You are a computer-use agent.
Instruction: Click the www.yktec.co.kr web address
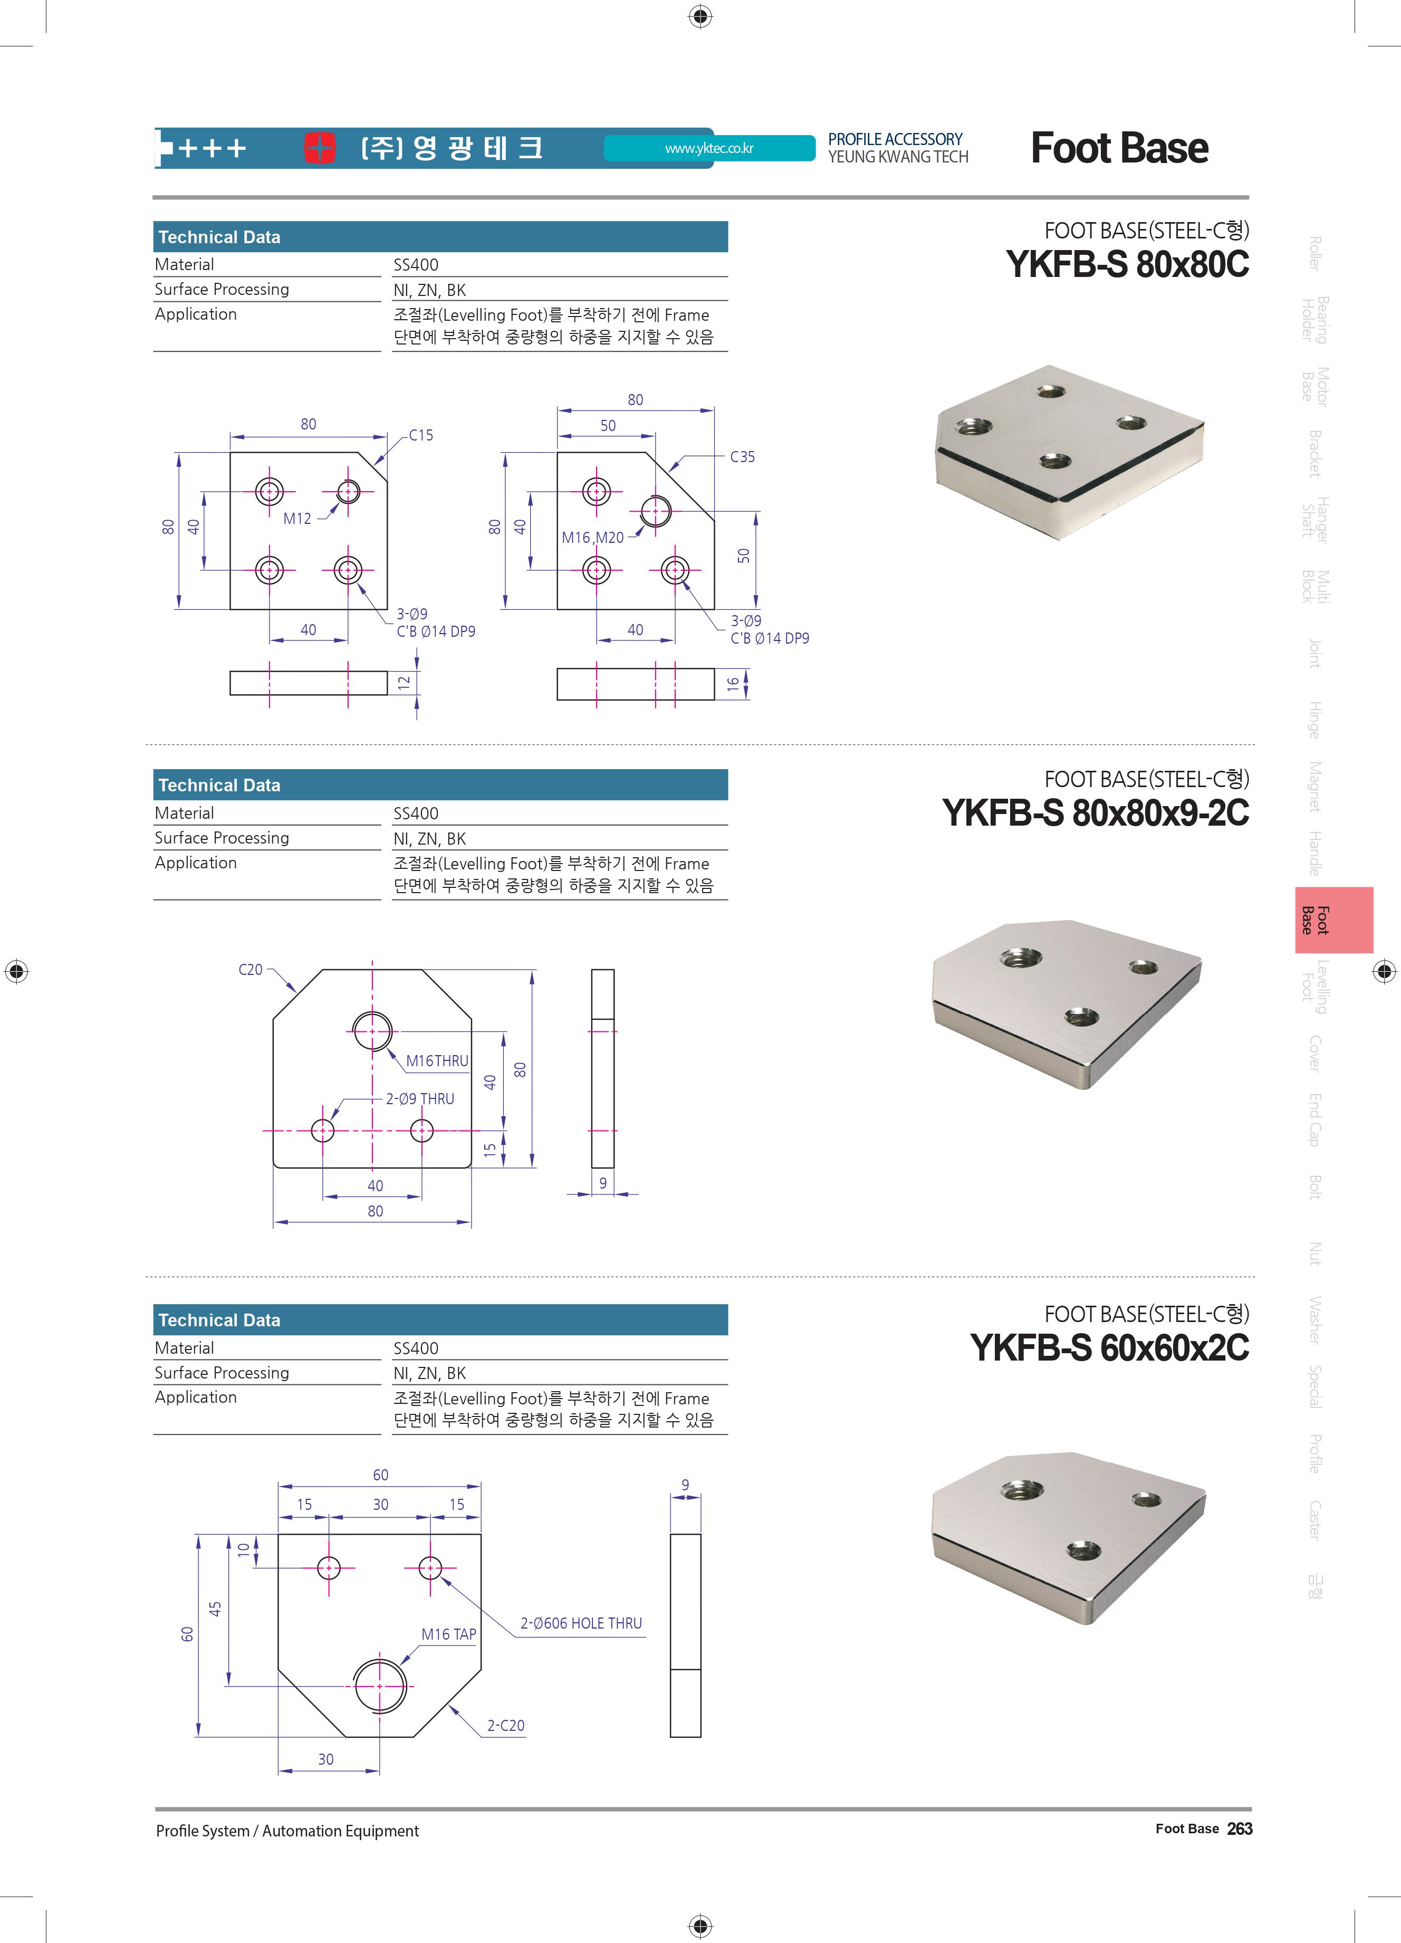pyautogui.click(x=709, y=148)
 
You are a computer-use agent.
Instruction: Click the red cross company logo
pyautogui.click(x=320, y=147)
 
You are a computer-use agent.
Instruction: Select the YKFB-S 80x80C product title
pyautogui.click(x=1127, y=264)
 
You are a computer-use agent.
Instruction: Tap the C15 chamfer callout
pyautogui.click(x=420, y=435)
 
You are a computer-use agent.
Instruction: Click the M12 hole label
pyautogui.click(x=297, y=518)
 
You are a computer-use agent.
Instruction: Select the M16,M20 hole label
pyautogui.click(x=592, y=537)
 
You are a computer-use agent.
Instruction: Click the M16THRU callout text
pyautogui.click(x=437, y=1060)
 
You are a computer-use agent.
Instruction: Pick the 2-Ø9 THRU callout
pyautogui.click(x=420, y=1098)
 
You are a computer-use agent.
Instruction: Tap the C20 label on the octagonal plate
pyautogui.click(x=250, y=969)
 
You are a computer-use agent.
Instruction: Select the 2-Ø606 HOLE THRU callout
pyautogui.click(x=581, y=1623)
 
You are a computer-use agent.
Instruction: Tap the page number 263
pyautogui.click(x=1239, y=1828)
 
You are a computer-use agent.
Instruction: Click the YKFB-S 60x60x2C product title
pyautogui.click(x=1109, y=1347)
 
